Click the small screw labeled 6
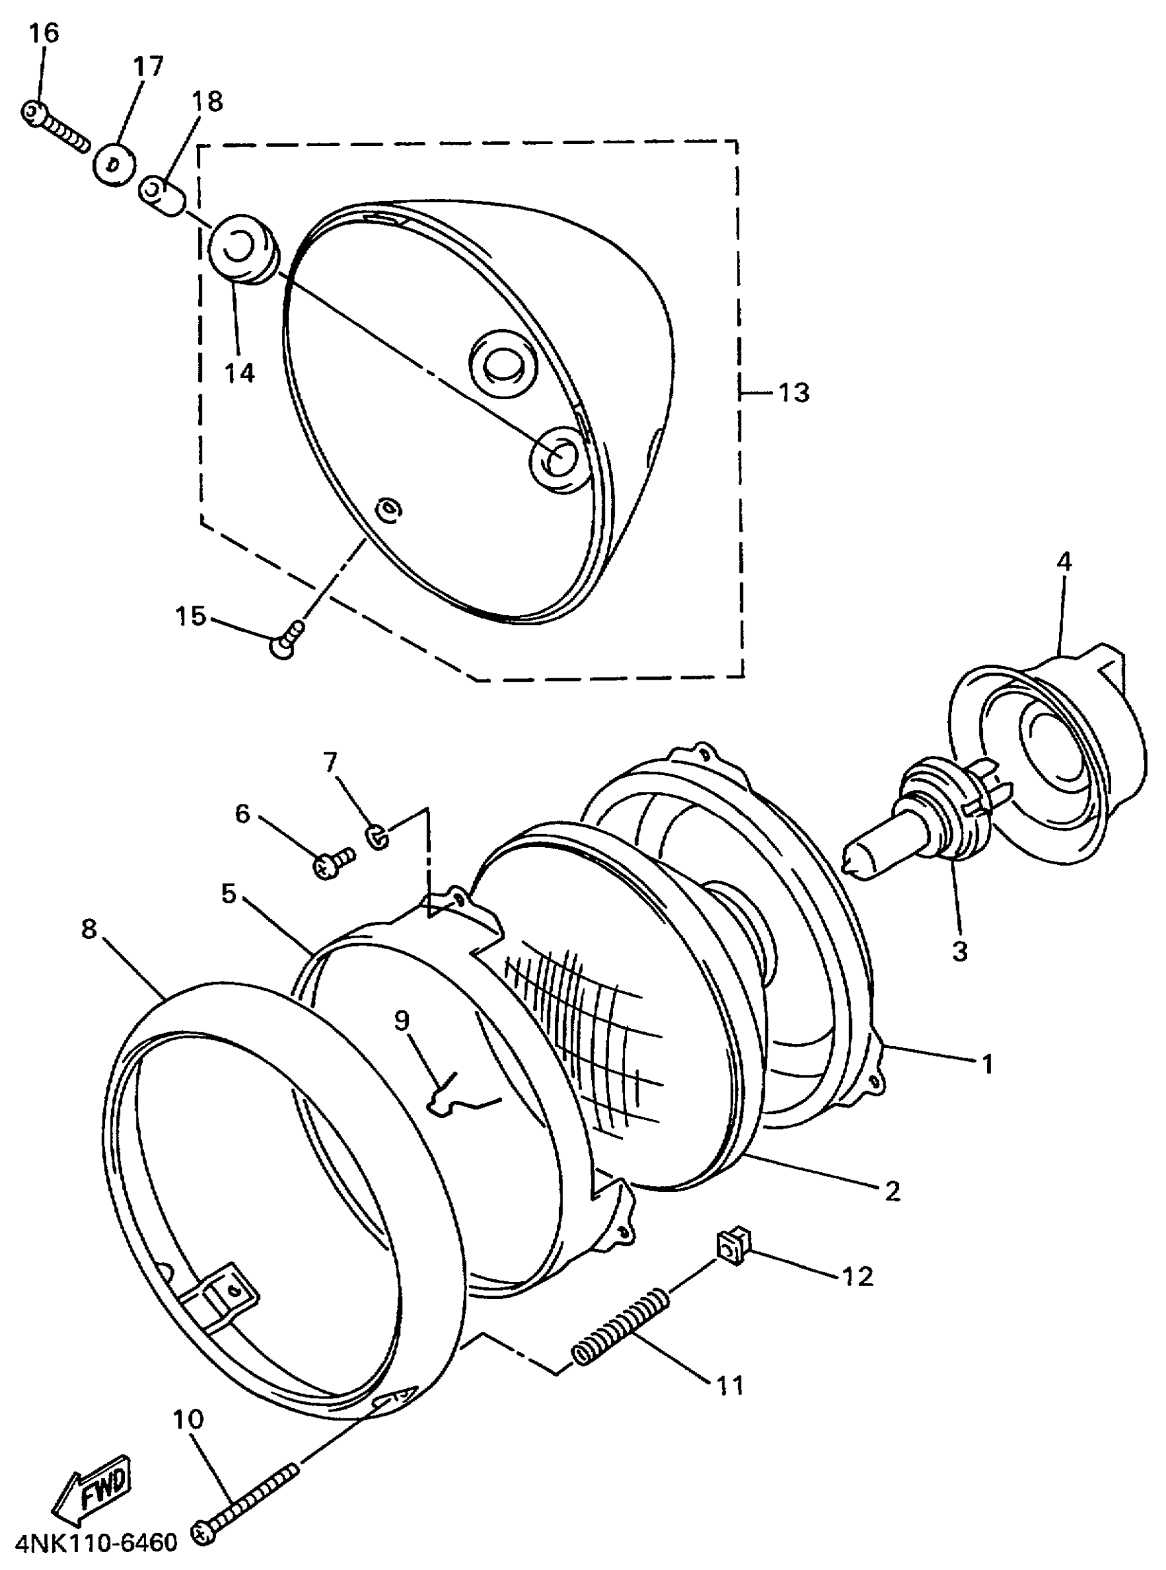[x=332, y=861]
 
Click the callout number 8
[x=88, y=929]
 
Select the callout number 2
[x=893, y=1192]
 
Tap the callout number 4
[x=1064, y=562]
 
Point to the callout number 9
[x=402, y=1021]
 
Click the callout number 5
[x=228, y=894]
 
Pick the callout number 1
[x=988, y=1064]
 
